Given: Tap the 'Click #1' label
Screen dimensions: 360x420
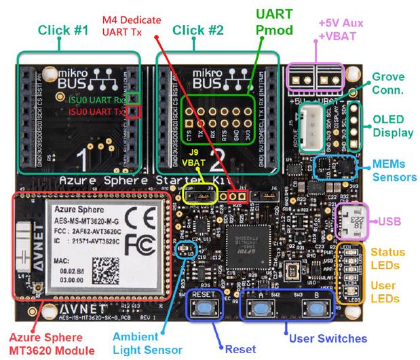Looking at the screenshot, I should coord(62,31).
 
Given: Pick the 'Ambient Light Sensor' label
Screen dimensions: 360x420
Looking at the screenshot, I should coord(148,343).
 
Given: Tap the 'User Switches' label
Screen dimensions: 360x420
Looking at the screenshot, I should coord(328,338).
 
